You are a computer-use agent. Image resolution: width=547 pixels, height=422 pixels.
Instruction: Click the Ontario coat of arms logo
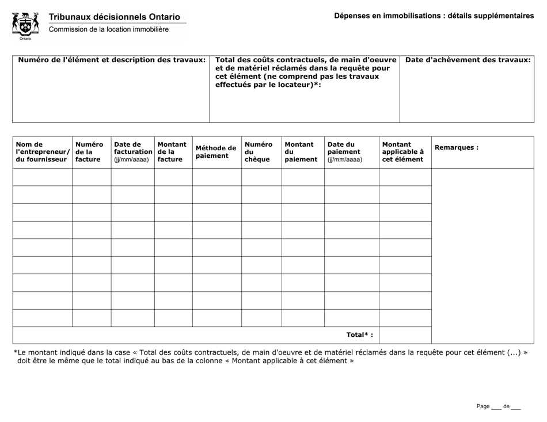coord(25,25)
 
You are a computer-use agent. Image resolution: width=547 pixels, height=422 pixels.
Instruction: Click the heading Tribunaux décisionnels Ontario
coord(114,17)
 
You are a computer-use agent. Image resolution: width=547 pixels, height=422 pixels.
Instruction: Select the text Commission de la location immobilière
coord(108,29)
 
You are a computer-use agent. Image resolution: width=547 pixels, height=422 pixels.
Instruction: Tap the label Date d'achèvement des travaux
coord(468,60)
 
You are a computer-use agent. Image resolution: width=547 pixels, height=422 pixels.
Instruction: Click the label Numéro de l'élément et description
coord(112,60)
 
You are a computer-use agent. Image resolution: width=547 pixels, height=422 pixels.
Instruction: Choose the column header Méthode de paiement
coord(216,152)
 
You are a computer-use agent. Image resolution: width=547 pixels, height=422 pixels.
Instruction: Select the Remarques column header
coord(457,147)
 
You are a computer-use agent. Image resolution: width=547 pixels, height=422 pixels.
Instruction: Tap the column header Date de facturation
coord(132,152)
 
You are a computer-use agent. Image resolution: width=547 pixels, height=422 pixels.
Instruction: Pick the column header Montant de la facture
coord(172,152)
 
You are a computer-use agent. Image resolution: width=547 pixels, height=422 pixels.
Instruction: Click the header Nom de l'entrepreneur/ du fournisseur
coord(41,152)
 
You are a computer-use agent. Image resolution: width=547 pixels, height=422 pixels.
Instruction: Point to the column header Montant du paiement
coord(301,152)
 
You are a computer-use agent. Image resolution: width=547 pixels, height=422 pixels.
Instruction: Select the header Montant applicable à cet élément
coord(403,152)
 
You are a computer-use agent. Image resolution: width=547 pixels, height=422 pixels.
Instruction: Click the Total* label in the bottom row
coord(359,335)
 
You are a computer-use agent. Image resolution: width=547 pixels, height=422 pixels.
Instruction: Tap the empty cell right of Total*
coord(405,335)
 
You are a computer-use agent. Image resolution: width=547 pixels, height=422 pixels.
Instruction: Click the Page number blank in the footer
coord(496,407)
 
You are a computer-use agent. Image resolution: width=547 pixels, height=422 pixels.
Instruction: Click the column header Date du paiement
coord(344,152)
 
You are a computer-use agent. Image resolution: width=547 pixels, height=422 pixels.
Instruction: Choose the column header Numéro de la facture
coord(90,152)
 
